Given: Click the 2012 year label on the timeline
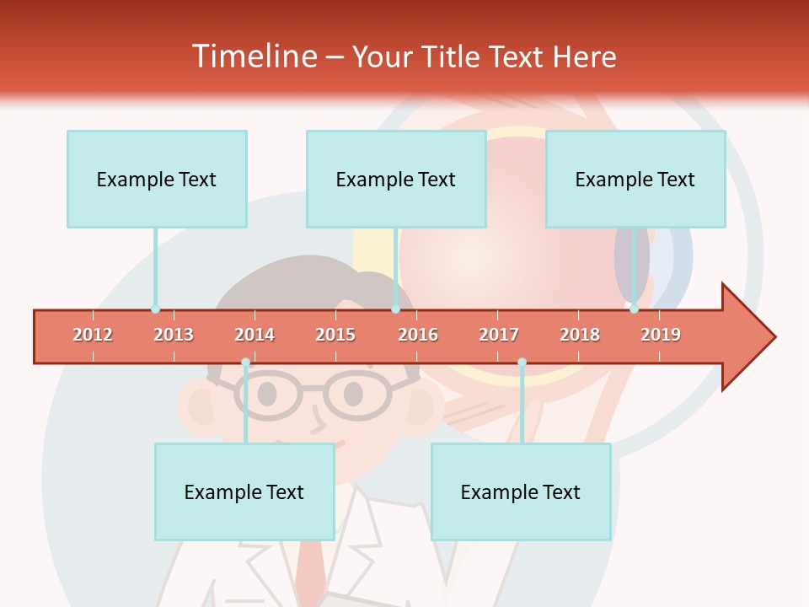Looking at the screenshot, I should pyautogui.click(x=93, y=335).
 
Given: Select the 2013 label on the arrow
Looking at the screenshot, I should pyautogui.click(x=174, y=335).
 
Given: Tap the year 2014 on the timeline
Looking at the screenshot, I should pyautogui.click(x=254, y=335).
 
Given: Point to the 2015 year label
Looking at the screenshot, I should pyautogui.click(x=335, y=335).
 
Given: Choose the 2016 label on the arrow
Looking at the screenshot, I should pyautogui.click(x=418, y=335).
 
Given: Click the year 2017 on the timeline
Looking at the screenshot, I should pyautogui.click(x=499, y=335).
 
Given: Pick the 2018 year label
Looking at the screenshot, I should pyautogui.click(x=580, y=335).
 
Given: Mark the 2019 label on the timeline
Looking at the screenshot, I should pyautogui.click(x=661, y=335).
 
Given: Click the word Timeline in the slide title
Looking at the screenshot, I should pyautogui.click(x=253, y=56).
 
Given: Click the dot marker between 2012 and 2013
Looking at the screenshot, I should pyautogui.click(x=155, y=309).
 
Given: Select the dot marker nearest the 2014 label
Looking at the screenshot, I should pyautogui.click(x=245, y=363).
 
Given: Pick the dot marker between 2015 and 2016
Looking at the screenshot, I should pyautogui.click(x=395, y=309).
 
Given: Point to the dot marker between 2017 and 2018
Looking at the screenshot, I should pyautogui.click(x=522, y=363).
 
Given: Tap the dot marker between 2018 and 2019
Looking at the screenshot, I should pyautogui.click(x=634, y=309).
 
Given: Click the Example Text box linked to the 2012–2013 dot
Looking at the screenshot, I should pyautogui.click(x=157, y=179).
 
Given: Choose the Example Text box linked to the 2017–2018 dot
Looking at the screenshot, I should pyautogui.click(x=521, y=492).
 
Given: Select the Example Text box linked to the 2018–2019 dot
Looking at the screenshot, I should pyautogui.click(x=635, y=179).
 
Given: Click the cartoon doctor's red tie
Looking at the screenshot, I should pyautogui.click(x=313, y=573).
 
